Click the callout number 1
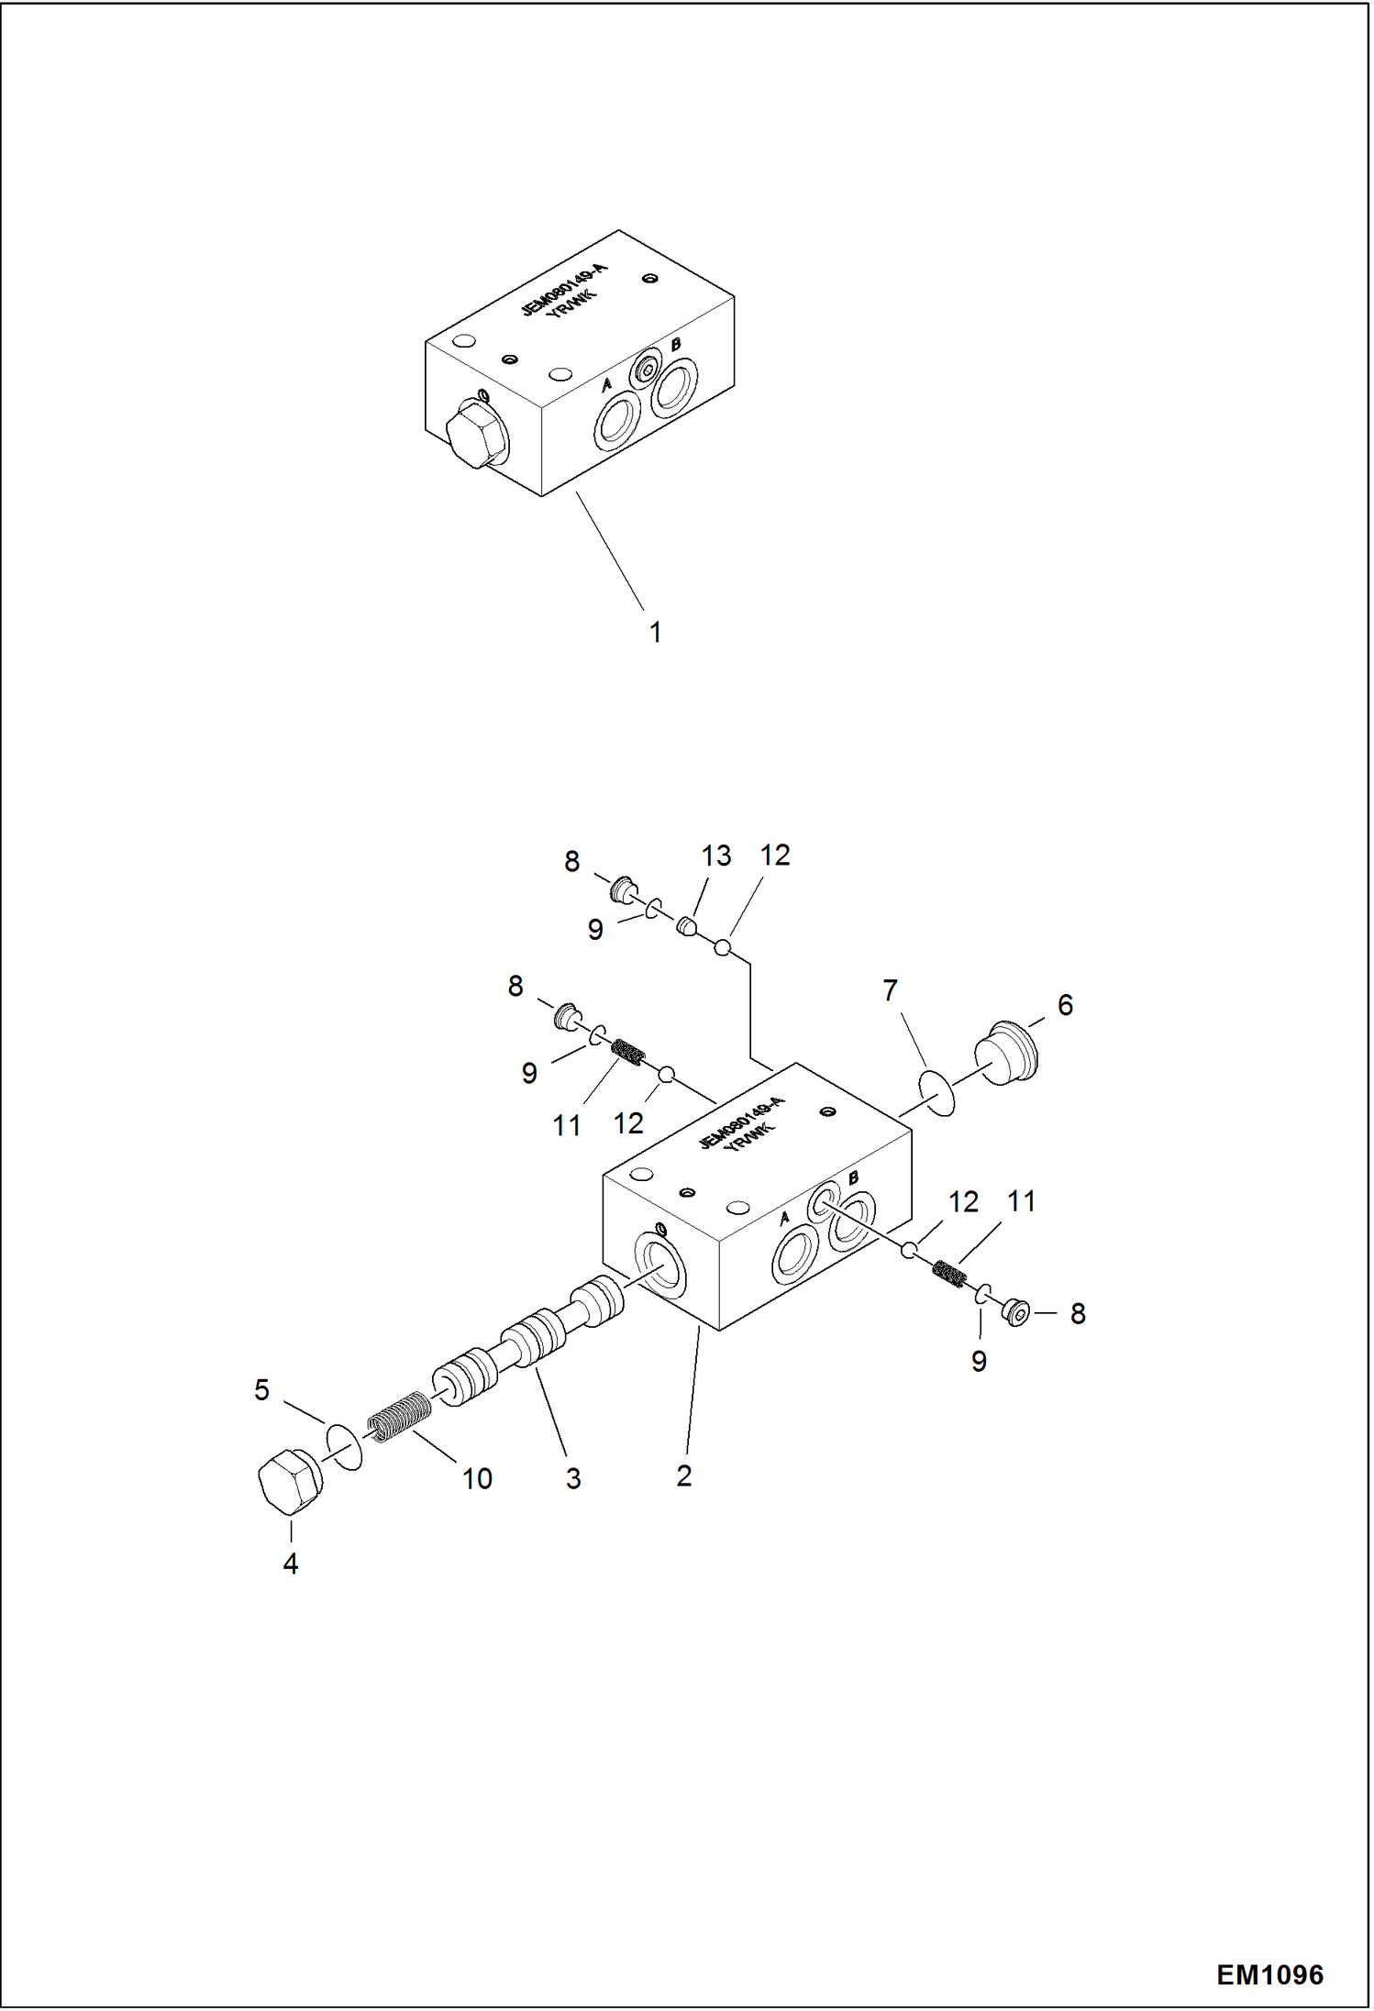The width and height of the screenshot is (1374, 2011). coord(655,632)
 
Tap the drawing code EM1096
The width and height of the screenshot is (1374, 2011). coord(1269,1974)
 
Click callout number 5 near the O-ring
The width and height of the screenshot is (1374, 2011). coord(261,1389)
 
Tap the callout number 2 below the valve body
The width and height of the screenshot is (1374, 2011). coord(683,1475)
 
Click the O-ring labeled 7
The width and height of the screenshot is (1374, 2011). coord(936,1093)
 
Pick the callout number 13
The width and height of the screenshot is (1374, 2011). coord(715,856)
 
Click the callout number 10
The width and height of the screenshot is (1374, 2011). coord(477,1478)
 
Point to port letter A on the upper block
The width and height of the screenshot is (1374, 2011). coord(606,386)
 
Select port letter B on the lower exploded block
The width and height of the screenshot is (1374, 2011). coord(853,1177)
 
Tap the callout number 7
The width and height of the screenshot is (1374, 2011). coord(889,990)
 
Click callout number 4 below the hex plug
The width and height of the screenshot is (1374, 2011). coord(290,1563)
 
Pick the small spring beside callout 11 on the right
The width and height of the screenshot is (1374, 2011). coord(947,1273)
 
